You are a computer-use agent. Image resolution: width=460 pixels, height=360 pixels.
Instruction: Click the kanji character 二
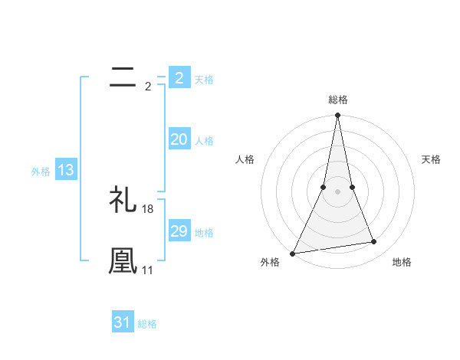(123, 77)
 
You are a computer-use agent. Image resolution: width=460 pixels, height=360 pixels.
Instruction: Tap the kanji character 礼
(123, 201)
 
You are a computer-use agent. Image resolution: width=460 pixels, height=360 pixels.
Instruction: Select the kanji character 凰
(123, 260)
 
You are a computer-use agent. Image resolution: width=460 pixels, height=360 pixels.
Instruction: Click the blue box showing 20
(179, 139)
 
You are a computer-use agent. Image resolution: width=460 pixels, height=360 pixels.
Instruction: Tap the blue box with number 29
(179, 231)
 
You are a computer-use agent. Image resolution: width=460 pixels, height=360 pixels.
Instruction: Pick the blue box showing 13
(66, 171)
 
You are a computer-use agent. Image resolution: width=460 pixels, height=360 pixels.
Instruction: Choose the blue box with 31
(123, 322)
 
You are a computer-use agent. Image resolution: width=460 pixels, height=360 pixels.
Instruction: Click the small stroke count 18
(148, 209)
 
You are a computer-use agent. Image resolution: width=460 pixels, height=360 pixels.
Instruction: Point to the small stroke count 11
(148, 270)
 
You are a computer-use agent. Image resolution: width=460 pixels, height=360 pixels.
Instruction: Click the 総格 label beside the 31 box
(147, 324)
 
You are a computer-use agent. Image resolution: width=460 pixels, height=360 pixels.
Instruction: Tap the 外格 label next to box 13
(41, 172)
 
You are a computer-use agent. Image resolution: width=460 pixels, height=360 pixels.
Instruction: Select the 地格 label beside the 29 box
(204, 233)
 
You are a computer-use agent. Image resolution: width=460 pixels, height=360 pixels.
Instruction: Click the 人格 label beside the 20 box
(204, 141)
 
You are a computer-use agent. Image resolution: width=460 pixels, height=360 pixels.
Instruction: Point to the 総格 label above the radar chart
(337, 100)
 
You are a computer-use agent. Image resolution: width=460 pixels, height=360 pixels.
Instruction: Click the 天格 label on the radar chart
(432, 159)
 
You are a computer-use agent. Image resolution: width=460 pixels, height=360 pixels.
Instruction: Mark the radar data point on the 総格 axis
(337, 116)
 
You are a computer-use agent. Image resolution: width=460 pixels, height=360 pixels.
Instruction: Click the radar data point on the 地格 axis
(374, 242)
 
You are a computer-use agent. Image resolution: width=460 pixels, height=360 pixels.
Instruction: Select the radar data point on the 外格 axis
(293, 253)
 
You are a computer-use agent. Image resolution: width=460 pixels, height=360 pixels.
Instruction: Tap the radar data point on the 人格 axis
(324, 187)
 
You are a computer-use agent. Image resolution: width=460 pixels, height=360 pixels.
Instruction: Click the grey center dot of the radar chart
(337, 191)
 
